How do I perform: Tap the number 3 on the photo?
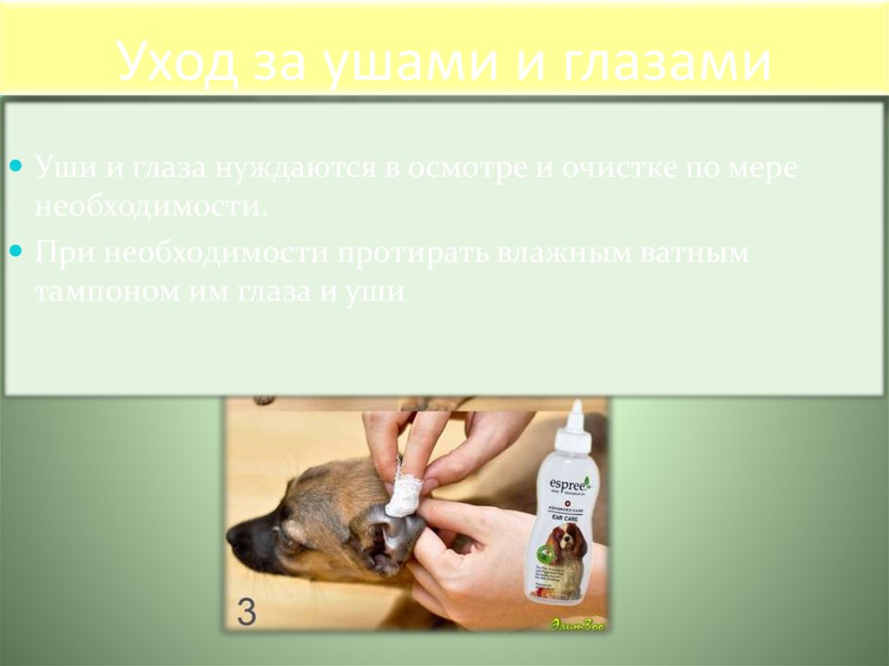(247, 612)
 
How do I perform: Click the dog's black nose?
(238, 537)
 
